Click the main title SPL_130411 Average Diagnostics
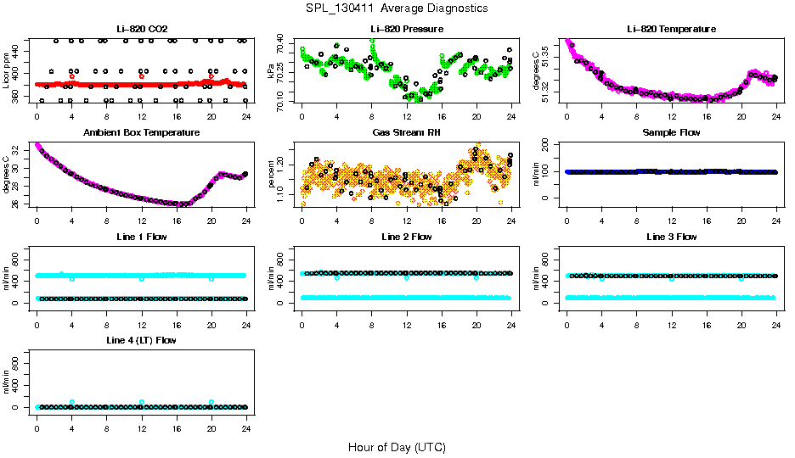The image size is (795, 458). pos(397,8)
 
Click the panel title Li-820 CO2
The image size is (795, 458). pos(141,29)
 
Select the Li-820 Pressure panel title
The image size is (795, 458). pos(406,29)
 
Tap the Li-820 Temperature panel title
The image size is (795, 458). pos(671,29)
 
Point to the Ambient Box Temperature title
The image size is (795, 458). pos(141,133)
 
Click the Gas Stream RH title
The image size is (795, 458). pos(406,133)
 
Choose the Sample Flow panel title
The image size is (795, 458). pos(671,133)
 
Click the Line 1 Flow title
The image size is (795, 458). pos(141,237)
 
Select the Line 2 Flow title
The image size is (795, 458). pos(406,237)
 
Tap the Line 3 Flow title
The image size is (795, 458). pos(671,237)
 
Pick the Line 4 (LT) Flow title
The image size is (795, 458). pos(141,340)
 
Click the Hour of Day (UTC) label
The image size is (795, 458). pos(397,447)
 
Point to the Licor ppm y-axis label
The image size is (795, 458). pos(6,70)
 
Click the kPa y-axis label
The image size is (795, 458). pos(271,71)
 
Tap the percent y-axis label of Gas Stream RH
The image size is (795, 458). pos(271,175)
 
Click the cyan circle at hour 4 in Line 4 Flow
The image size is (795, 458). pos(72,402)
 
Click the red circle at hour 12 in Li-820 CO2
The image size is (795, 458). pos(142,76)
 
